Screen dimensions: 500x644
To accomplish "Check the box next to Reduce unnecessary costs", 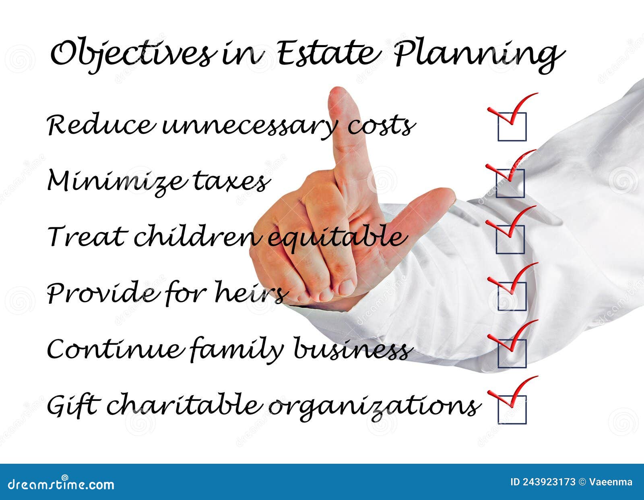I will [x=512, y=127].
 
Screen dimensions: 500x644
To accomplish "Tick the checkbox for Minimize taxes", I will [x=510, y=183].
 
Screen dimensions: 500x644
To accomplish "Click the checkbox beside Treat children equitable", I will [x=510, y=239].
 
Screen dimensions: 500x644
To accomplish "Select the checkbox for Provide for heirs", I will [x=512, y=296].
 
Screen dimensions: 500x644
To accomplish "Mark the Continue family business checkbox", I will [x=512, y=353].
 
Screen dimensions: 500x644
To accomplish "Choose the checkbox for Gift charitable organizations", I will [x=512, y=409].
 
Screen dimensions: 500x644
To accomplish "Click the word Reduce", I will [x=101, y=125].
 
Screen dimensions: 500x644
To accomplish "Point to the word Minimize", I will [x=117, y=181].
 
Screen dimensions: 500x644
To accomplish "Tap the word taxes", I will [x=231, y=182].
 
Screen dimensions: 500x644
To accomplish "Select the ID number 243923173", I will [x=549, y=482].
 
